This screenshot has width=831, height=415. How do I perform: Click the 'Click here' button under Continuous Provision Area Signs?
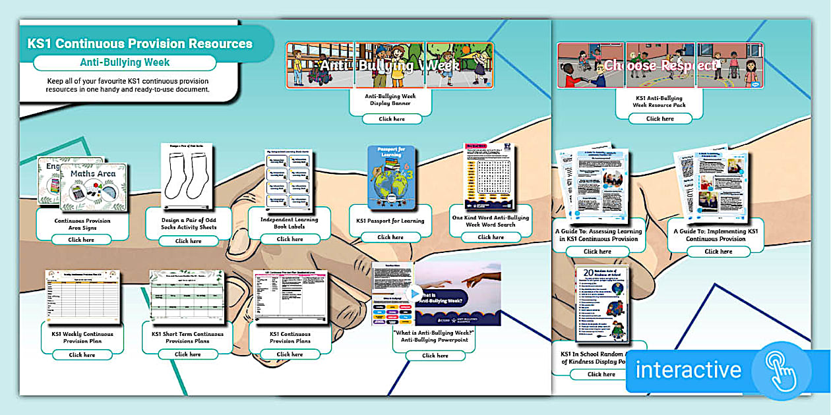tap(82, 240)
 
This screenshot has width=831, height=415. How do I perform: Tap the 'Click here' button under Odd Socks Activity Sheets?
tap(188, 241)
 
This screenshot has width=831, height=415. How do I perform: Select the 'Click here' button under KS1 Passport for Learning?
tap(390, 237)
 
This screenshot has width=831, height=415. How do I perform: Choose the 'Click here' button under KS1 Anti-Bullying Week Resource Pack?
tap(660, 119)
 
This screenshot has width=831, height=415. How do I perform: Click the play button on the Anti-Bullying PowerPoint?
tap(414, 294)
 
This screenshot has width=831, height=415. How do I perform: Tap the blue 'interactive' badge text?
tap(688, 370)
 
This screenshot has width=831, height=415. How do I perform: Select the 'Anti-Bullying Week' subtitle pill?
tap(125, 63)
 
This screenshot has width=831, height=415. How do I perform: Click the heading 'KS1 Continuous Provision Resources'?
tap(140, 43)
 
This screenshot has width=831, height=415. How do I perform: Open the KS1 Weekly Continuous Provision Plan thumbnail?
tap(82, 294)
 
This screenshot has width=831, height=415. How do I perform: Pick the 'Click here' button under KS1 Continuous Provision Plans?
tap(290, 354)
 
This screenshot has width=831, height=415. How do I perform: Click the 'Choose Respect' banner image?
tap(660, 65)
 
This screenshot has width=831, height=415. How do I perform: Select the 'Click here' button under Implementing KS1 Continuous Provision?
tap(718, 251)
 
